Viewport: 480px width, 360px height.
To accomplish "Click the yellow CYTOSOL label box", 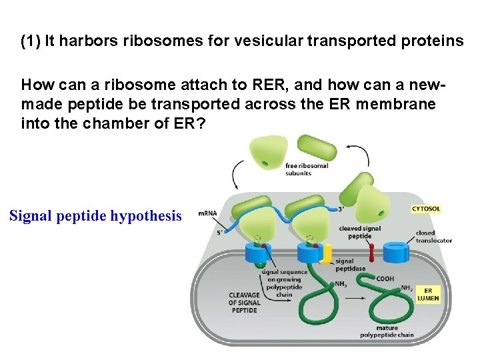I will pyautogui.click(x=425, y=209).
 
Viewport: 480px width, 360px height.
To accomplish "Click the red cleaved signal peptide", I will pyautogui.click(x=371, y=252).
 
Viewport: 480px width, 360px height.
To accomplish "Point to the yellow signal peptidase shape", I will pyautogui.click(x=325, y=253).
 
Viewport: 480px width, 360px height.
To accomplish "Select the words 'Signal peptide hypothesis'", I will pyautogui.click(x=95, y=216).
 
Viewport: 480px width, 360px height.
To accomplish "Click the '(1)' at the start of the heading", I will pyautogui.click(x=31, y=41).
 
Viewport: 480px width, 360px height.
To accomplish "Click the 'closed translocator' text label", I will pyautogui.click(x=434, y=237).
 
